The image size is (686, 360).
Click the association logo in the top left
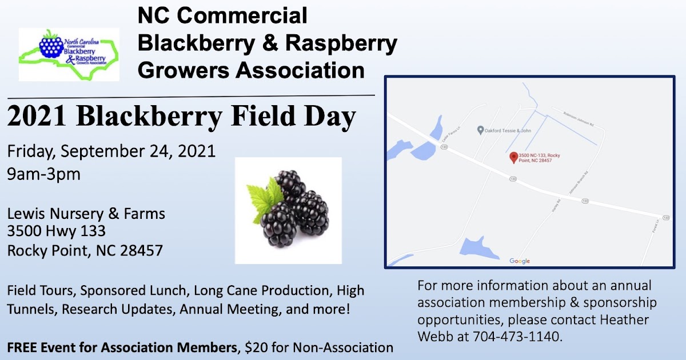69,54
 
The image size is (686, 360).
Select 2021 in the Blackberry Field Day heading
37,117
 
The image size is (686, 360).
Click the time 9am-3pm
43,174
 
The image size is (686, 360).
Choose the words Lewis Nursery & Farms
86,214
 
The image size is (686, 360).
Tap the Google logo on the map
520,261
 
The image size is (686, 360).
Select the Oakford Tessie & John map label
508,130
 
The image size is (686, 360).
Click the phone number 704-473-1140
516,337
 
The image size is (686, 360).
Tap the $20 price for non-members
251,347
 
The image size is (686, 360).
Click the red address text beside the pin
539,158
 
